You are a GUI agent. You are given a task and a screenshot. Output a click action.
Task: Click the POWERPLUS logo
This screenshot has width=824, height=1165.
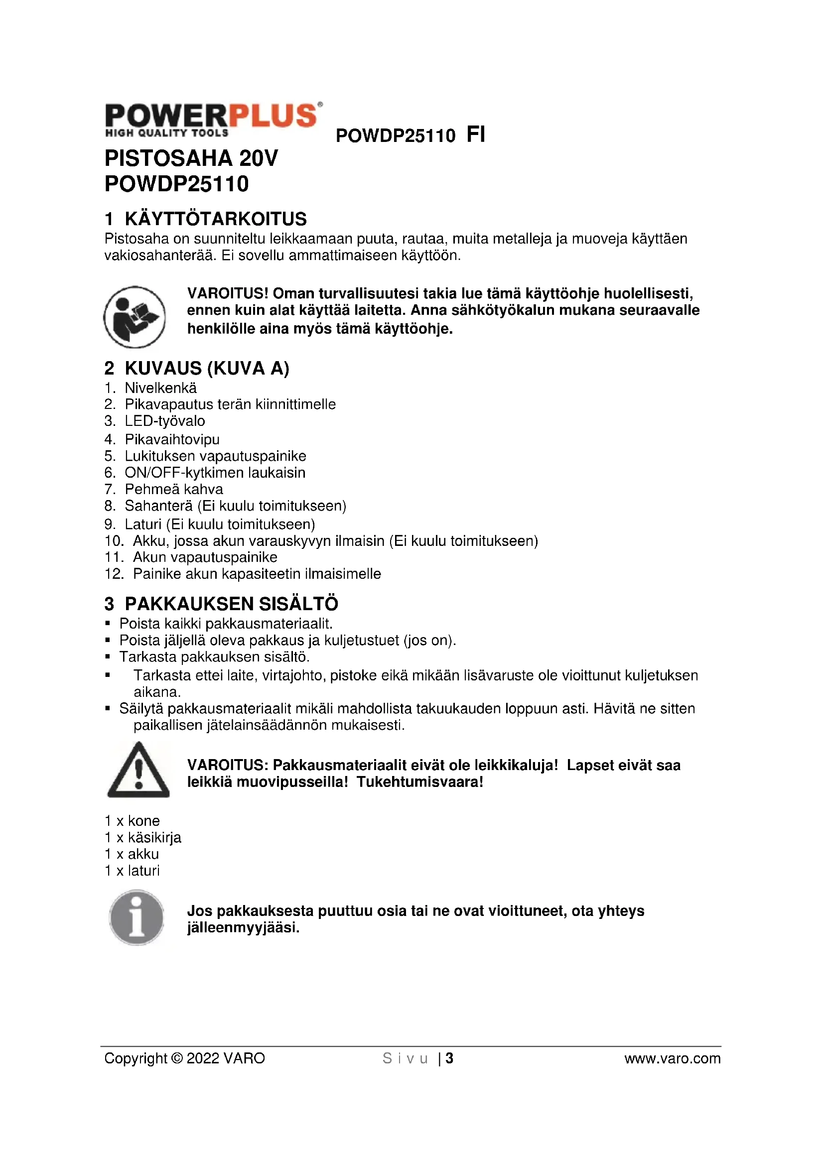(213, 120)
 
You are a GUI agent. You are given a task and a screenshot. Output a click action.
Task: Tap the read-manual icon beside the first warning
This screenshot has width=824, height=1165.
(135, 317)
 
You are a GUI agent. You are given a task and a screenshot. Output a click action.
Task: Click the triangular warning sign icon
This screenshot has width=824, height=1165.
(138, 770)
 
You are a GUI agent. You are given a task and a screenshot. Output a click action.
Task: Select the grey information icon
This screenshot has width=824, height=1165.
(137, 917)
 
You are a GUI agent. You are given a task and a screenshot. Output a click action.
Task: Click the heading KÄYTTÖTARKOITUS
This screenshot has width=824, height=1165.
(216, 219)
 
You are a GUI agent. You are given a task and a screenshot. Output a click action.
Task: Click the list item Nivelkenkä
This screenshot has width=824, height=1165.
(160, 388)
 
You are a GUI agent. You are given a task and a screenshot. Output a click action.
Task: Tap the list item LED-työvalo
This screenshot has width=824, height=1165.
(165, 421)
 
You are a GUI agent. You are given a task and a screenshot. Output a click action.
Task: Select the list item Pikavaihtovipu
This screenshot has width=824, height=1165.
(172, 439)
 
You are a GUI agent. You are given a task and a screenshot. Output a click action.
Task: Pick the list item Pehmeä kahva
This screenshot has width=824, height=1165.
(173, 489)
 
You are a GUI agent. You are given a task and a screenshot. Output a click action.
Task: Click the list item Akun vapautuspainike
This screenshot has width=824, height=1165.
(205, 557)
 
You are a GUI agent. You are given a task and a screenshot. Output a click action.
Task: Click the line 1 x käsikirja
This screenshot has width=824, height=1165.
(142, 837)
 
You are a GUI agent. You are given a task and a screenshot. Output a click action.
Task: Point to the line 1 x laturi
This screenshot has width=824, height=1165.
(132, 871)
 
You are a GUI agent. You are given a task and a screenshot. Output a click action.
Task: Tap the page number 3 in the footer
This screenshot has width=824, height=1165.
(449, 1058)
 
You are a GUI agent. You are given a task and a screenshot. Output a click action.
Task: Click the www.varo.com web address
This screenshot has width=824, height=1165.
(672, 1058)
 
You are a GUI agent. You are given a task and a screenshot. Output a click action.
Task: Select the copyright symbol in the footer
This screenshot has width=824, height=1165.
(177, 1058)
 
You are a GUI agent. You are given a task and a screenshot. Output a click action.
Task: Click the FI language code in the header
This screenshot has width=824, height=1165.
(475, 135)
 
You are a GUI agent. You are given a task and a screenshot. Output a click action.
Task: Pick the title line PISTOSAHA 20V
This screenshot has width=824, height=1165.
(191, 158)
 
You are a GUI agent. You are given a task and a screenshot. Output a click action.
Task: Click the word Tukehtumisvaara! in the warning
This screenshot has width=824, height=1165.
(419, 782)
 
